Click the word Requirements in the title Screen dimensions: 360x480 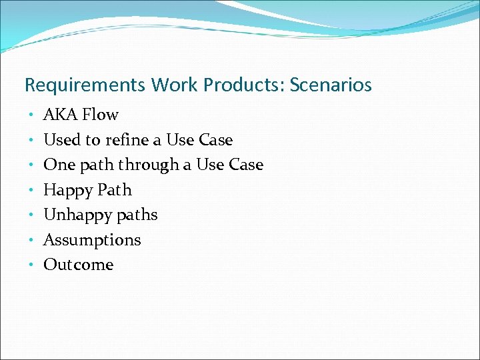(x=85, y=86)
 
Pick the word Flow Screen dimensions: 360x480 (x=100, y=115)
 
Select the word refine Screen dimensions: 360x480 (x=126, y=140)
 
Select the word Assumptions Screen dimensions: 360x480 (x=92, y=240)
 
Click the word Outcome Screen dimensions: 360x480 (x=79, y=265)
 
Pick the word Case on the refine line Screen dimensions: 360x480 (x=216, y=140)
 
